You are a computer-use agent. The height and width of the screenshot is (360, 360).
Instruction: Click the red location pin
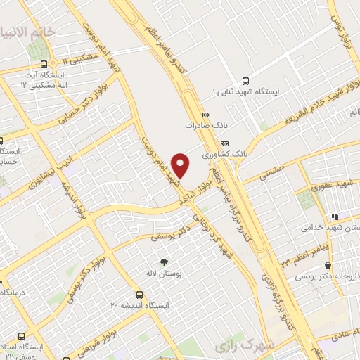pyautogui.click(x=181, y=165)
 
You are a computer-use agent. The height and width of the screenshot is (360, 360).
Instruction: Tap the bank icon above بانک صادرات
pyautogui.click(x=206, y=115)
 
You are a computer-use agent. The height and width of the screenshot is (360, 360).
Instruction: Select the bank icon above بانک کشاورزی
pyautogui.click(x=224, y=142)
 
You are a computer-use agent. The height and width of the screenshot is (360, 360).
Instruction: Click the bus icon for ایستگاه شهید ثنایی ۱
pyautogui.click(x=245, y=81)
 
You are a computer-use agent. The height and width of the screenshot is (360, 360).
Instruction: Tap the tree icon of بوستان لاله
pyautogui.click(x=164, y=261)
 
